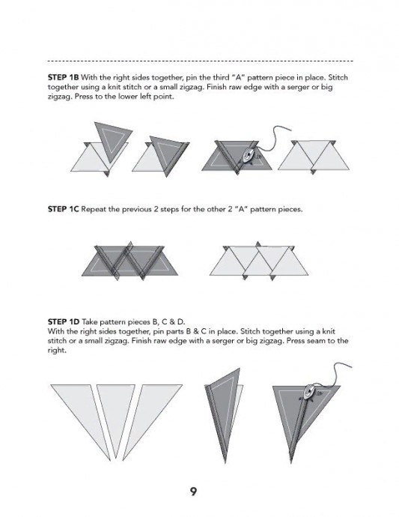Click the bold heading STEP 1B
coord(64,77)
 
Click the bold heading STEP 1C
coord(64,209)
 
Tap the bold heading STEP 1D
coord(64,321)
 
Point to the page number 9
coord(193,492)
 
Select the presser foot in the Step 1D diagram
coord(310,393)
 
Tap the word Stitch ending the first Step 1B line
coord(338,77)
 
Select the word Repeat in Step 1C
coord(92,209)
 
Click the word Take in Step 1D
coord(90,321)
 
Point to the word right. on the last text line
coord(57,351)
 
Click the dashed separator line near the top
coord(201,61)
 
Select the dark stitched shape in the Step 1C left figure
coord(130,261)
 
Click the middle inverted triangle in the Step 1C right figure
coord(258,261)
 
